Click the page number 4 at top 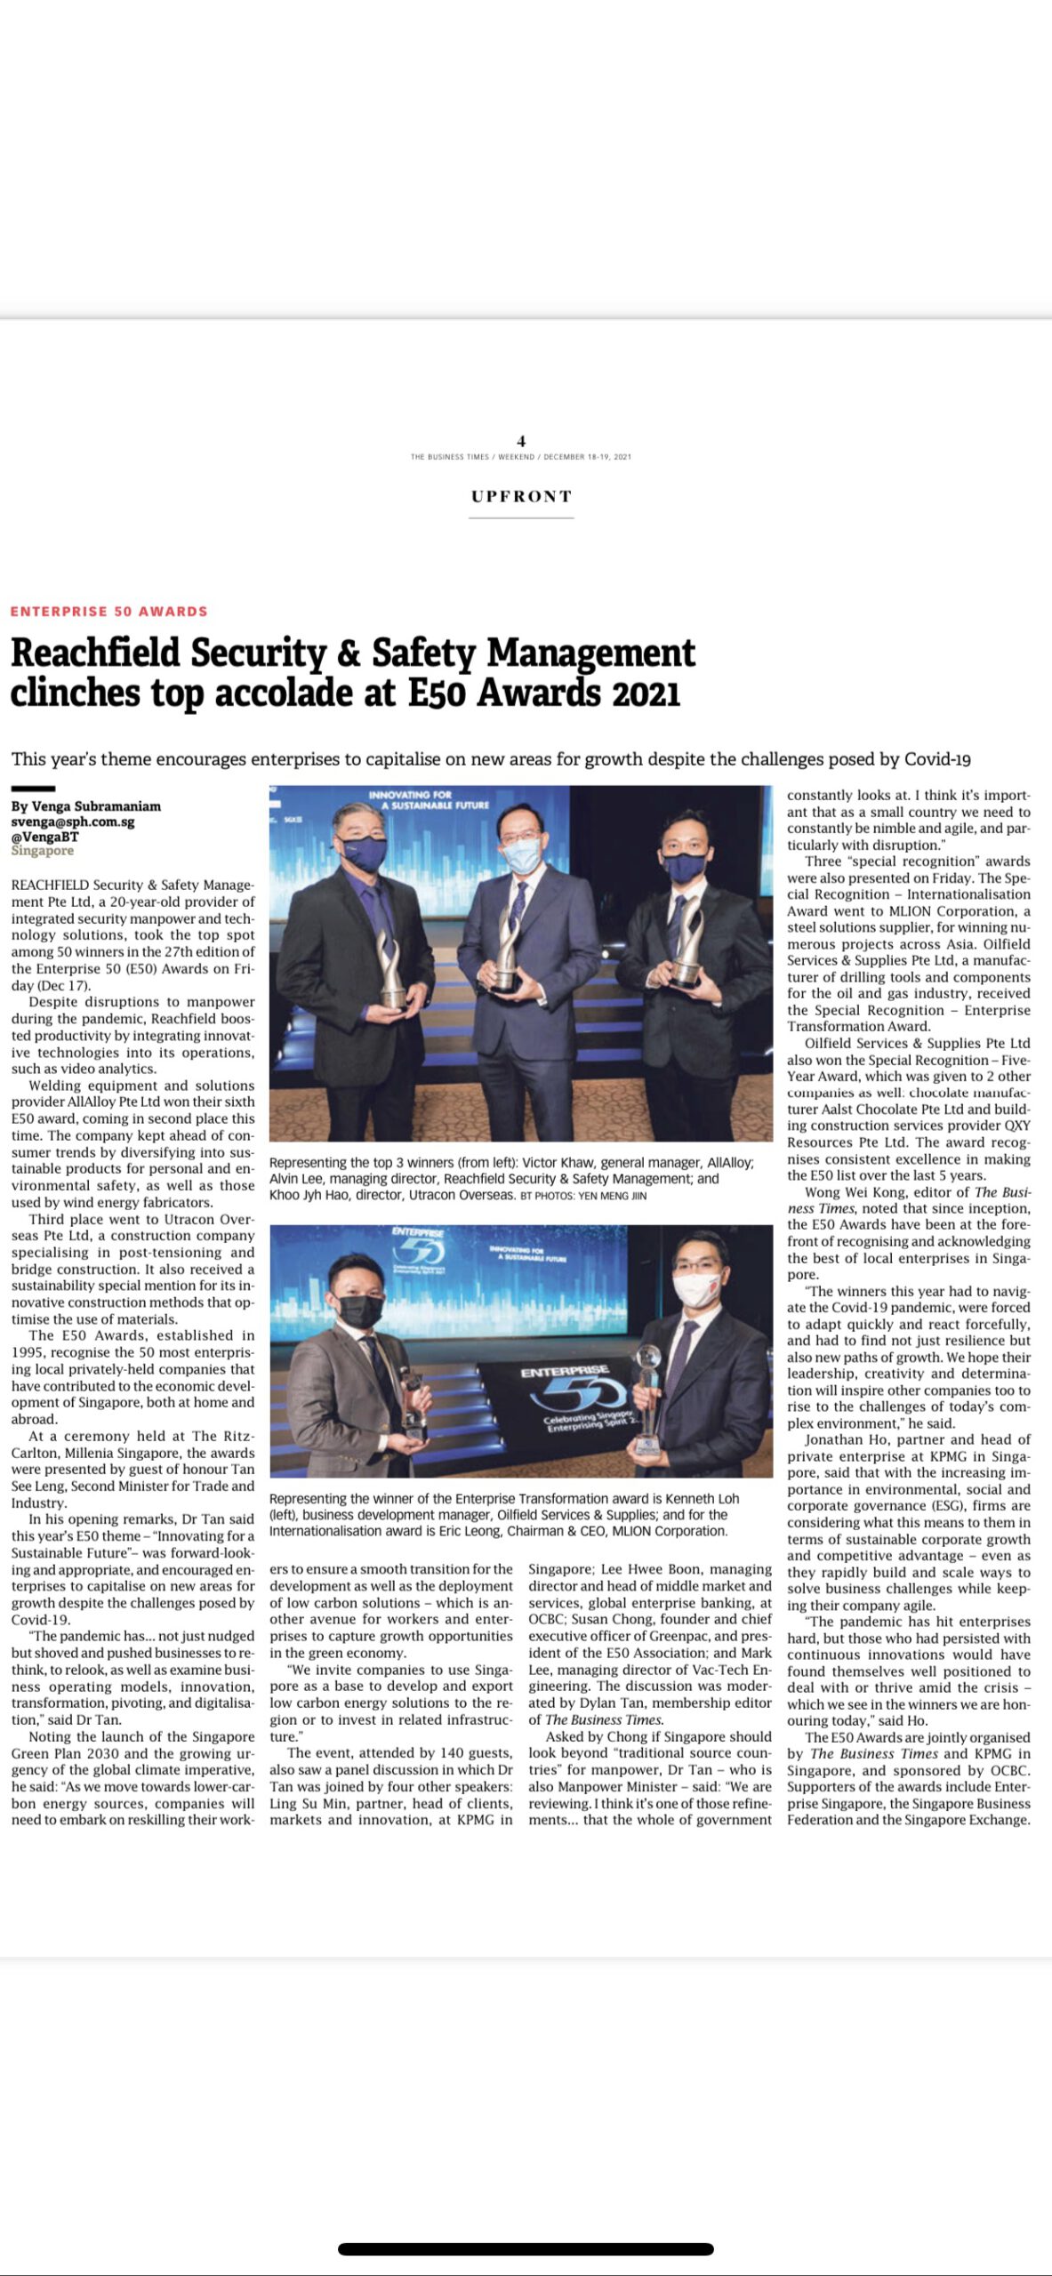(x=521, y=441)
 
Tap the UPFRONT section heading (x=521, y=496)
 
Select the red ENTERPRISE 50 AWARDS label (x=109, y=612)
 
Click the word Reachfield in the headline (x=96, y=653)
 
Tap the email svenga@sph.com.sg (x=73, y=821)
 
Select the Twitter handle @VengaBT (x=44, y=837)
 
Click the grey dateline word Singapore (x=43, y=851)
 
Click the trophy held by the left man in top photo (x=390, y=969)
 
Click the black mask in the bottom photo (x=360, y=1310)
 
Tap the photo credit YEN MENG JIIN (x=613, y=1196)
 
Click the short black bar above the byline (x=33, y=789)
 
